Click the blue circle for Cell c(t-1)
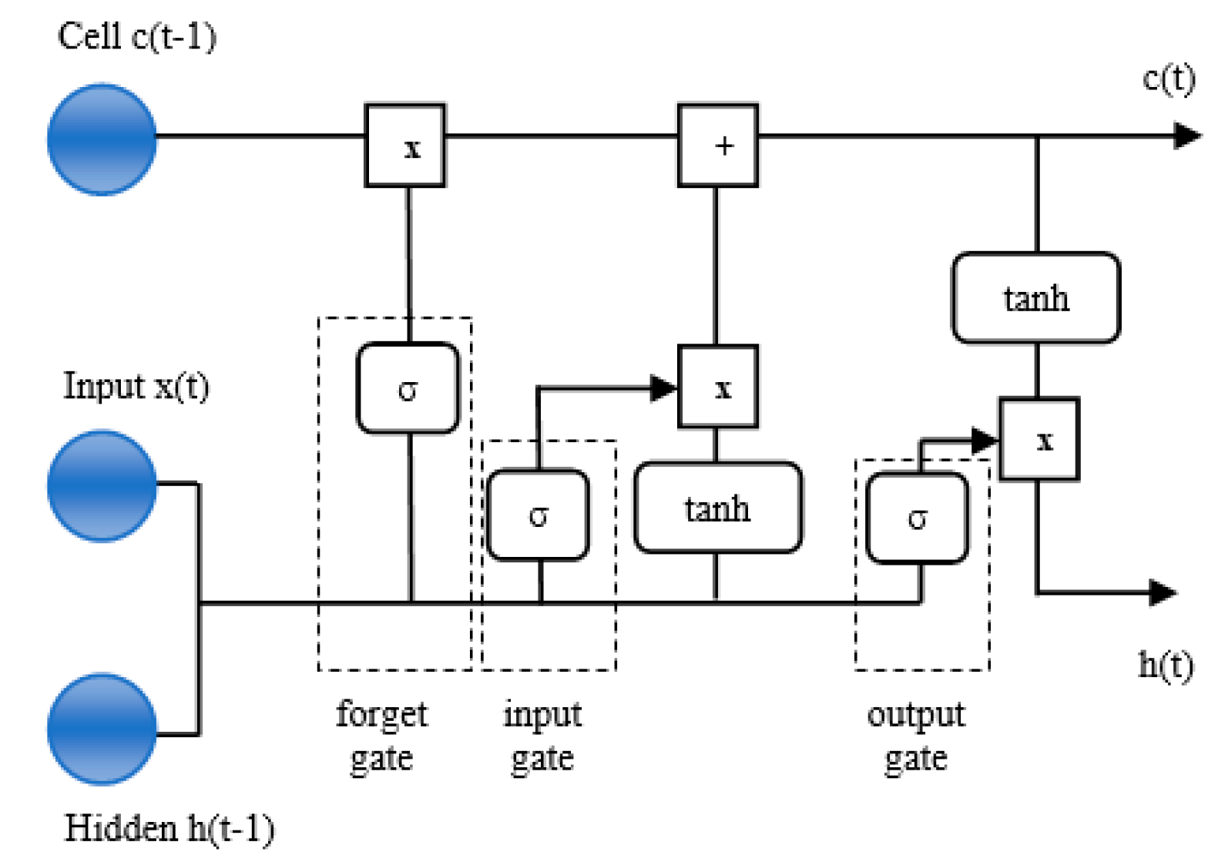coord(102,139)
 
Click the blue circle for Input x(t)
coord(102,485)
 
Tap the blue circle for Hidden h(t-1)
coord(102,729)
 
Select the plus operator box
coord(717,145)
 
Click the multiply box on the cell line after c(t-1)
coord(405,145)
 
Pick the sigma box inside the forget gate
coord(408,388)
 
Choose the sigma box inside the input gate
coord(538,514)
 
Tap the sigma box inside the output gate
coord(917,517)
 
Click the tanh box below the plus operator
coord(717,508)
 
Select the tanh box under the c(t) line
coord(1035,297)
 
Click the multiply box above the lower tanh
coord(717,387)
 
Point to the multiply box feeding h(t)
coord(1038,439)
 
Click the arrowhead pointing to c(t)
coord(1186,136)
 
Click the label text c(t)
coord(1169,79)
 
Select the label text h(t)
coord(1166,665)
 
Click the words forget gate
coord(381,736)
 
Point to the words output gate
coord(915,736)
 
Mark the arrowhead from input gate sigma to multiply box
coord(662,387)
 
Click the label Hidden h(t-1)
coord(169,829)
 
